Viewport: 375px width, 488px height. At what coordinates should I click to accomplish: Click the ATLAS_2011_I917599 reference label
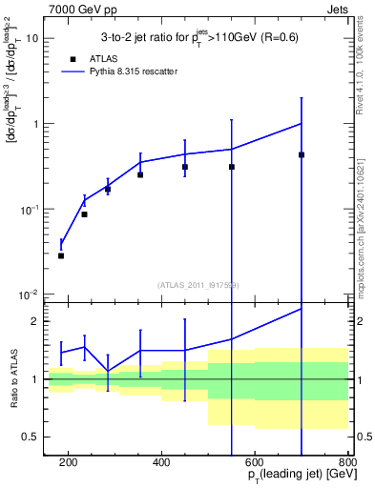(198, 284)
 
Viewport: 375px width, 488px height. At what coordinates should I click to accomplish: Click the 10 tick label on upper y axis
(33, 39)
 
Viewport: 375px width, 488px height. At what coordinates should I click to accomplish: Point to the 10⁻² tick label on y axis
(31, 294)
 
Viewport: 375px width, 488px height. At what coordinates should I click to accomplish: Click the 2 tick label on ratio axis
(38, 321)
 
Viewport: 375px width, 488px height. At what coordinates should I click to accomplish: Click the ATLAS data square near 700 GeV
(302, 154)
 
